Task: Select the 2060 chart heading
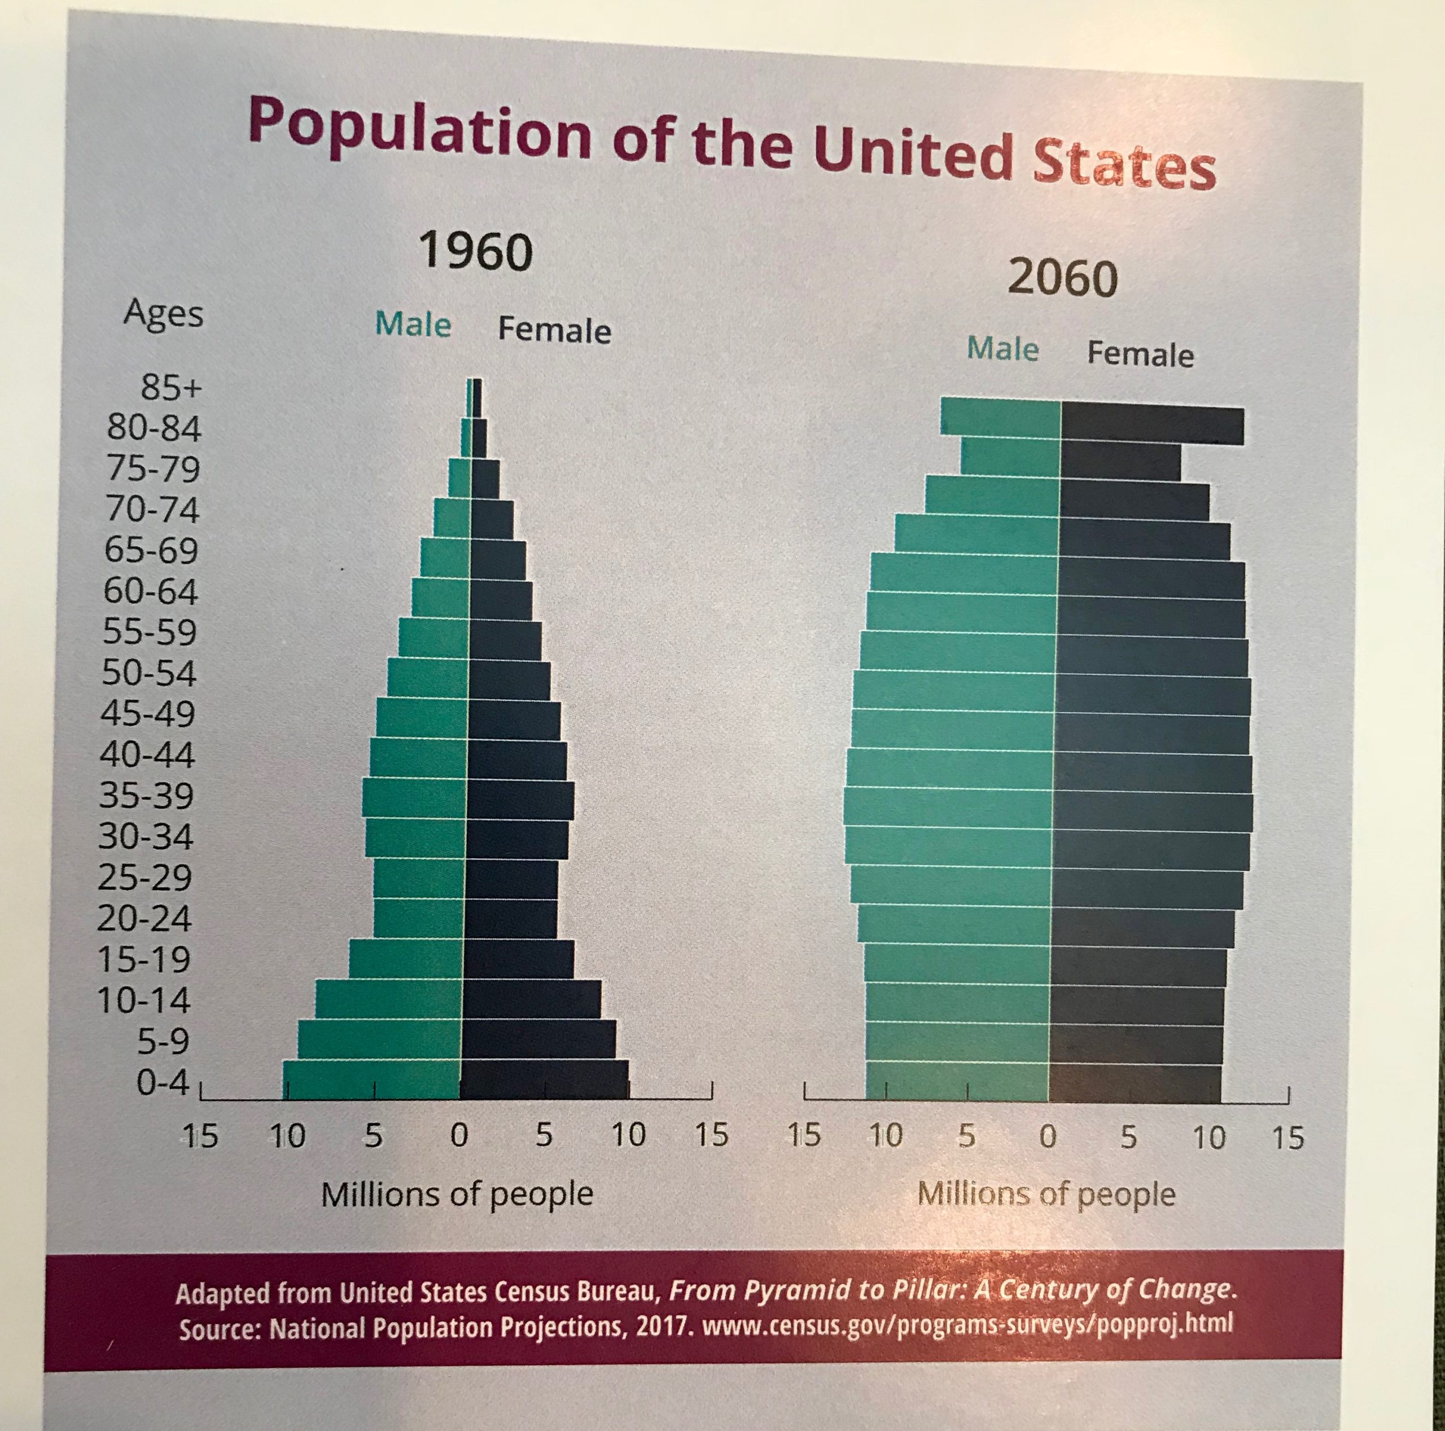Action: point(1062,278)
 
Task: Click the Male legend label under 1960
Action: point(413,324)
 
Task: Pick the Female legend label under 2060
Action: point(1140,354)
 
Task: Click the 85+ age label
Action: point(171,387)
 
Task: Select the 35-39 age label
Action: point(147,794)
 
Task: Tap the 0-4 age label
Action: point(163,1082)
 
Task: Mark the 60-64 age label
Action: point(150,591)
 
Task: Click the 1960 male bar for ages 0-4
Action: point(372,1079)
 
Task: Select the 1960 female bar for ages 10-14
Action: point(532,999)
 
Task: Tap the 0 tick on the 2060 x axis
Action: point(1048,1136)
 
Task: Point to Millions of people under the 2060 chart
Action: point(1045,1194)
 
